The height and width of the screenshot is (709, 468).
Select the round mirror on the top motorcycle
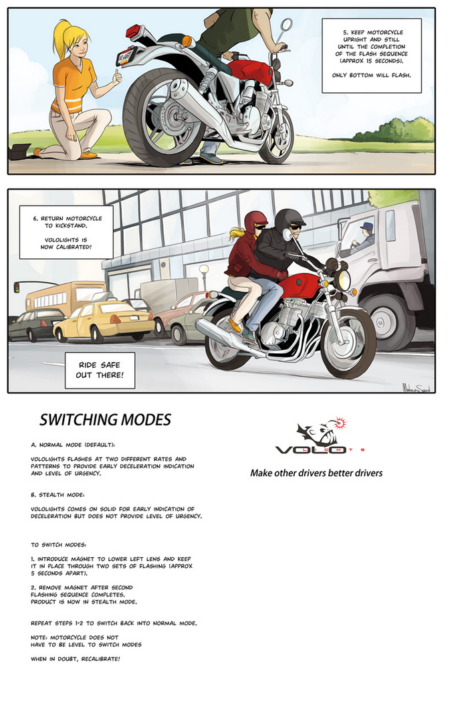(x=287, y=25)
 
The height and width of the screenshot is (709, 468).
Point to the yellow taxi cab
(x=104, y=322)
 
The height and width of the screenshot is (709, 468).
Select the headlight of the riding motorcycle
(x=343, y=280)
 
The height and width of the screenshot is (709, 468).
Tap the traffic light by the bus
(x=17, y=287)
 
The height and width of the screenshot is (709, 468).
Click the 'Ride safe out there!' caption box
(x=100, y=371)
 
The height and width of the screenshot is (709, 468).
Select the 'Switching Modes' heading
(x=105, y=420)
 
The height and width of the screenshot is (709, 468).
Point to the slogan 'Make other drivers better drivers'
(x=316, y=473)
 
